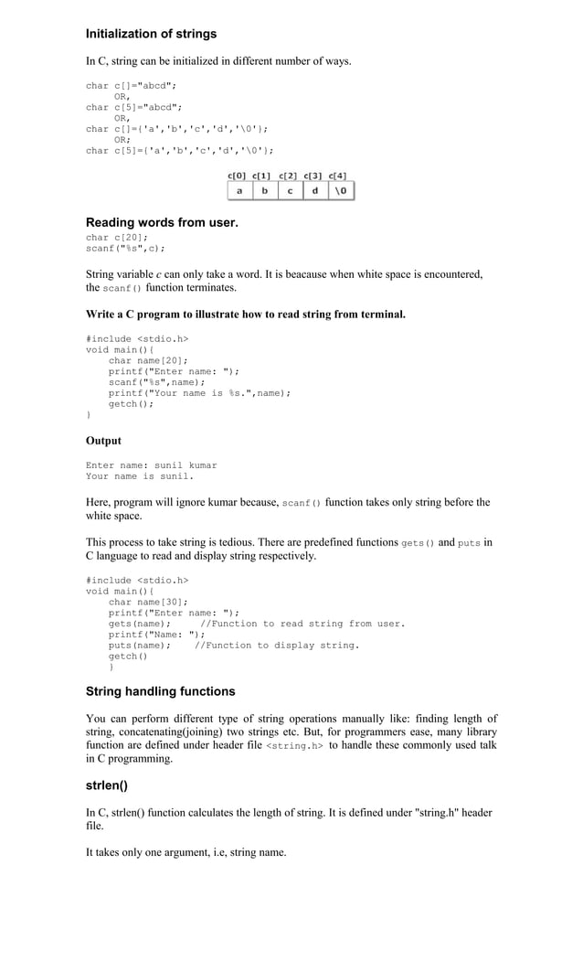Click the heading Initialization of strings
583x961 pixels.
pyautogui.click(x=151, y=34)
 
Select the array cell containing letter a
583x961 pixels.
pyautogui.click(x=239, y=191)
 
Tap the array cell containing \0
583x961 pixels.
pyautogui.click(x=340, y=191)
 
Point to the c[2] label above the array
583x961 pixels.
pyautogui.click(x=288, y=176)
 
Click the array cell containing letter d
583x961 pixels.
pyautogui.click(x=314, y=191)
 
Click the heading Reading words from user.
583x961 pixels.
pyautogui.click(x=162, y=222)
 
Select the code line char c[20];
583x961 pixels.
pyautogui.click(x=117, y=237)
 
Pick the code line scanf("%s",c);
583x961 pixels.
pyautogui.click(x=125, y=248)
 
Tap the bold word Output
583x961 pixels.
pyautogui.click(x=103, y=441)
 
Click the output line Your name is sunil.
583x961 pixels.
pyautogui.click(x=140, y=475)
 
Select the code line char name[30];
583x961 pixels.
pyautogui.click(x=148, y=602)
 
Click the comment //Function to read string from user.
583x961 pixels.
pyautogui.click(x=302, y=624)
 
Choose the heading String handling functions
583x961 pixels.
pyautogui.click(x=160, y=691)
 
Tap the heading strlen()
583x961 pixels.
pyautogui.click(x=106, y=785)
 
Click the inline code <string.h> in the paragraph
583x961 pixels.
pyautogui.click(x=294, y=746)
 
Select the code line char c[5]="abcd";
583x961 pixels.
pyautogui.click(x=134, y=107)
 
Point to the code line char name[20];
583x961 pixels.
pyautogui.click(x=148, y=360)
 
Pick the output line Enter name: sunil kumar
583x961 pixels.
pyautogui.click(x=152, y=464)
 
